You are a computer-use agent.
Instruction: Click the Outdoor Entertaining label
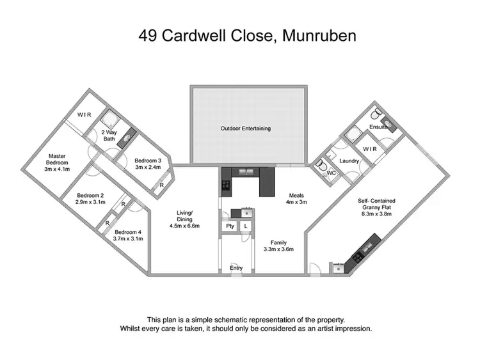tap(246, 129)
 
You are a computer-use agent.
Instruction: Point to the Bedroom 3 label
tap(148, 163)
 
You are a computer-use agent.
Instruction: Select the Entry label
tap(237, 268)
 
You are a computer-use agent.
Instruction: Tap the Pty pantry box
tap(229, 226)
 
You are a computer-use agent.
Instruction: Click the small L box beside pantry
tap(246, 226)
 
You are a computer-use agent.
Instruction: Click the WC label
tap(332, 173)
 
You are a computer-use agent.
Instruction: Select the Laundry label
tap(349, 161)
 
